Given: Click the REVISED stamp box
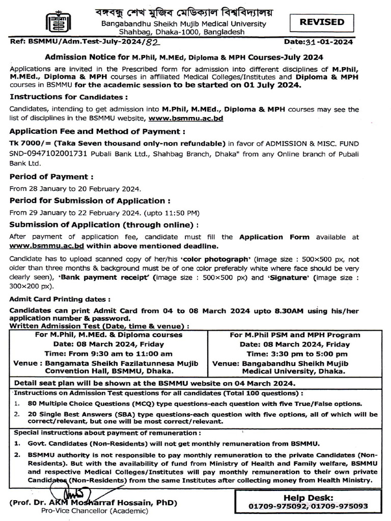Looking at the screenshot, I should pyautogui.click(x=322, y=22).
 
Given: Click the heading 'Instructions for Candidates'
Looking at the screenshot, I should pyautogui.click(x=69, y=97).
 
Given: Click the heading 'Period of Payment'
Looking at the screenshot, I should pyautogui.click(x=52, y=177).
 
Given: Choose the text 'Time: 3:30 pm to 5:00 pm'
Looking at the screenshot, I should pyautogui.click(x=297, y=354).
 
